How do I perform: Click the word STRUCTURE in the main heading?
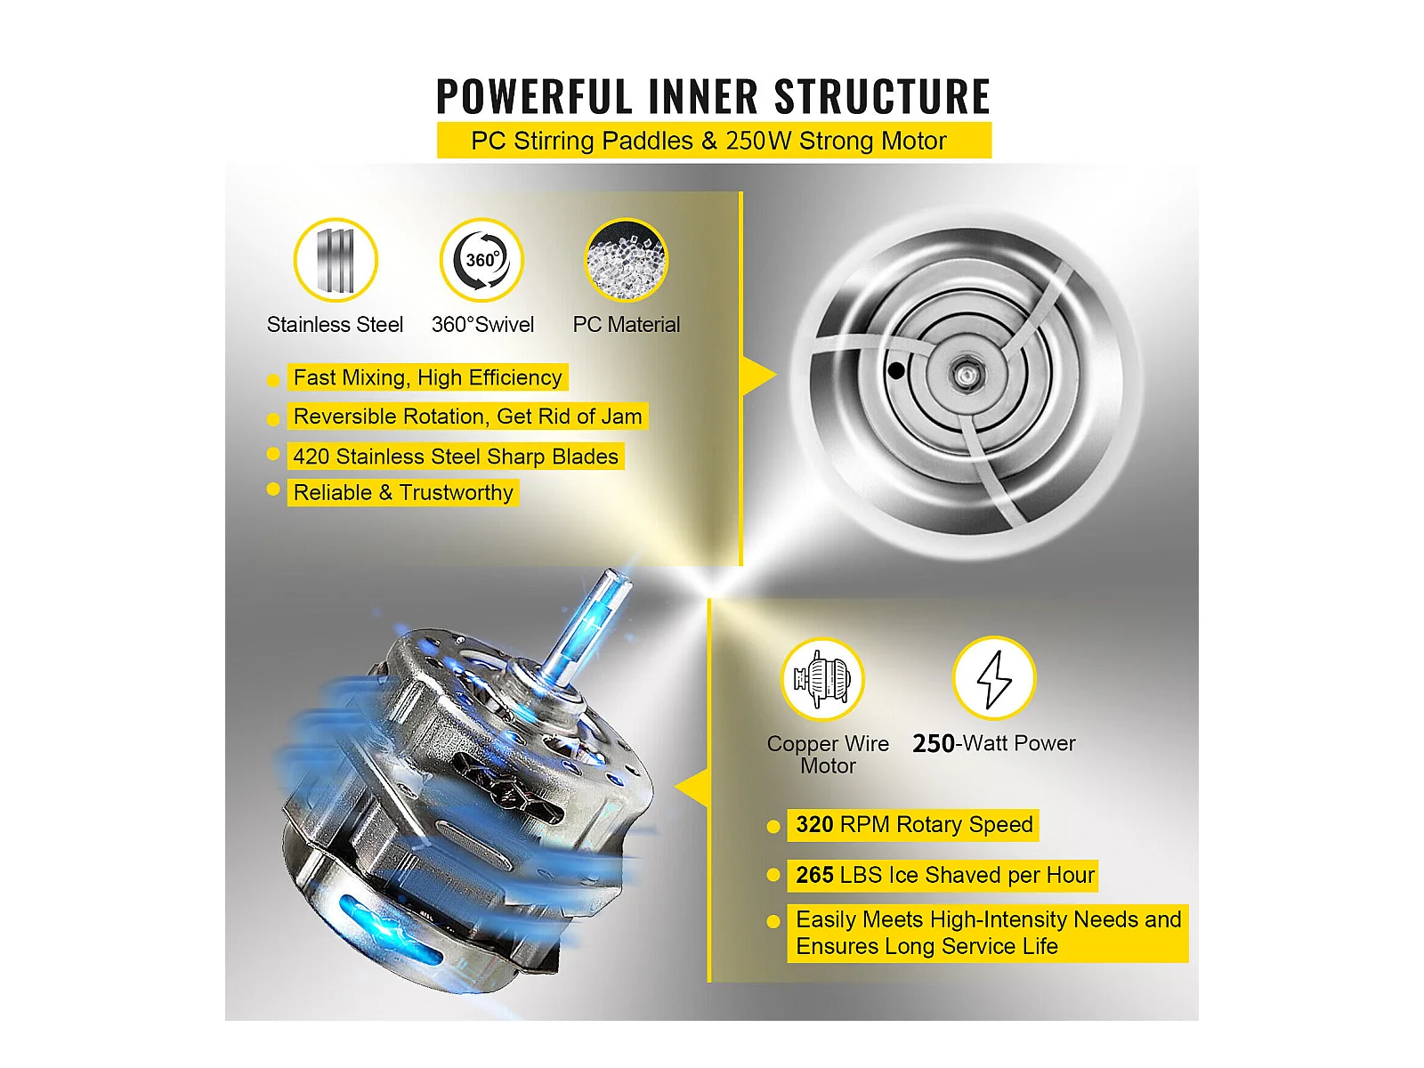click(882, 97)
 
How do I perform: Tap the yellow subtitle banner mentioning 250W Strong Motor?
click(714, 140)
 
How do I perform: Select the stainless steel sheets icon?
click(336, 260)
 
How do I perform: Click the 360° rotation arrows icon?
click(481, 260)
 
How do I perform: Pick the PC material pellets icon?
click(626, 260)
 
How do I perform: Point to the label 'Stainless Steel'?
click(335, 324)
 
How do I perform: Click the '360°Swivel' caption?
click(482, 324)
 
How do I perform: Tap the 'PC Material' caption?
click(626, 324)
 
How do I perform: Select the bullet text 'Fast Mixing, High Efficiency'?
click(427, 377)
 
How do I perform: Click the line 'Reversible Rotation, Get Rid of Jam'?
click(468, 417)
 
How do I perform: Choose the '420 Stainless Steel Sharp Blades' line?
click(456, 457)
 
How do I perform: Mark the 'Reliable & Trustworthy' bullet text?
click(403, 493)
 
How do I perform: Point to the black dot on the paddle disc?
click(896, 371)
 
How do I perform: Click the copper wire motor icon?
click(822, 679)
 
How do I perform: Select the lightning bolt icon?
click(994, 679)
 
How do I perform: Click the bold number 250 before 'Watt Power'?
click(934, 744)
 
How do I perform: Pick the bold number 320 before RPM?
click(815, 825)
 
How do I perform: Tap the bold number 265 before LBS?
click(815, 876)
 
